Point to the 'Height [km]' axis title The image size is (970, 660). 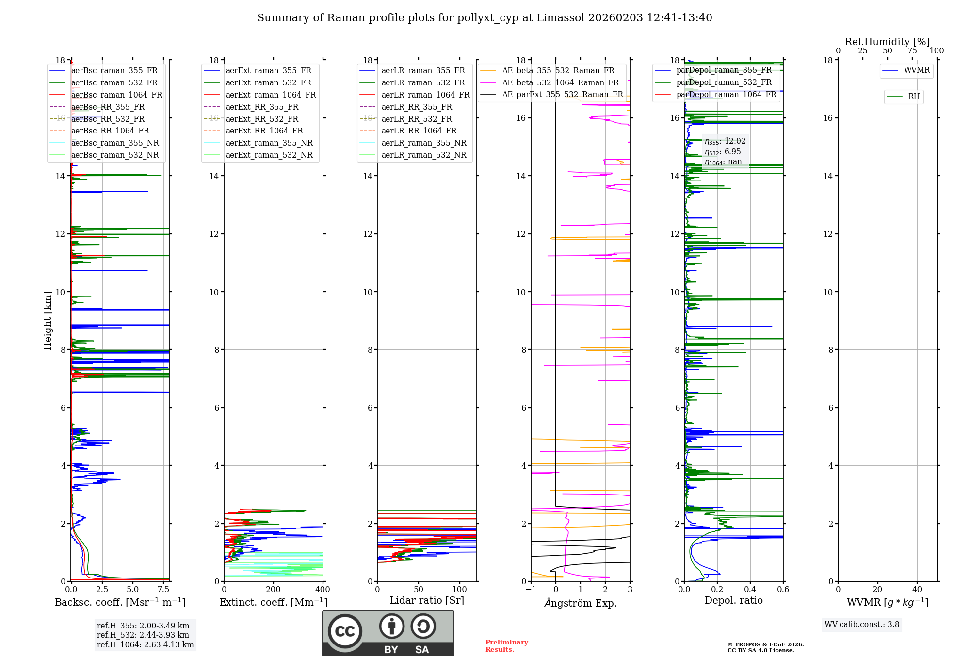[48, 320]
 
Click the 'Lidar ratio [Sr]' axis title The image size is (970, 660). [427, 600]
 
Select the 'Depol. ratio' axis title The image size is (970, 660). [733, 600]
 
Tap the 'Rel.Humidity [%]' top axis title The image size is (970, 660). [887, 42]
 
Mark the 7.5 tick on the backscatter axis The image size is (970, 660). [163, 590]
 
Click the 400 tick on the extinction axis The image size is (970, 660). [323, 590]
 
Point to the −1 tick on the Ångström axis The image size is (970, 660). [531, 590]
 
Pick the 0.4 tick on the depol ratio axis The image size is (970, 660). [750, 590]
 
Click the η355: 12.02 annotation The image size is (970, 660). [725, 141]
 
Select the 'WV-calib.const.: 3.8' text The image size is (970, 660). [861, 625]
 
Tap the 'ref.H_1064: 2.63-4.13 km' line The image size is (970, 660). [145, 645]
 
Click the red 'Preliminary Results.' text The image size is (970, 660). [506, 646]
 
